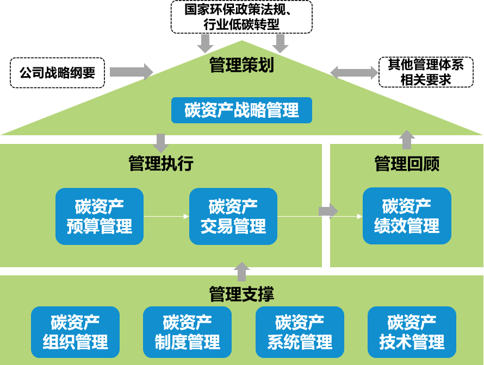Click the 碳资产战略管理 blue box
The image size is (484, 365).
coord(241,110)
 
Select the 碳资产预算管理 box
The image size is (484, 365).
coord(100,216)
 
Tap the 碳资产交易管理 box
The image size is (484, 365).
coord(233,216)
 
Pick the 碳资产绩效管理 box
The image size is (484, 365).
coord(407,216)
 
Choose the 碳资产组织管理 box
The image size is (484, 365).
coord(75,332)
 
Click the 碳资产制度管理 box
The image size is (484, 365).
coord(187,332)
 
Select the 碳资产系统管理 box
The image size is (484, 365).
coord(300,332)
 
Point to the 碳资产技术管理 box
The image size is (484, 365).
coord(412,332)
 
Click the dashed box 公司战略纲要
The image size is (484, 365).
coord(57,72)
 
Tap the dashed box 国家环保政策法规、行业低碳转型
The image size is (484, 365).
coord(241,17)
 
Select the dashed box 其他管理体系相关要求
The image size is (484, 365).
coord(426,72)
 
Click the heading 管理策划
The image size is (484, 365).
coord(241,66)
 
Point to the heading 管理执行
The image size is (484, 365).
coord(161,163)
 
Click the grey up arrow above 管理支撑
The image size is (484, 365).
coord(241,271)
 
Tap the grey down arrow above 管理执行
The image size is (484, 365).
coord(161,143)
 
